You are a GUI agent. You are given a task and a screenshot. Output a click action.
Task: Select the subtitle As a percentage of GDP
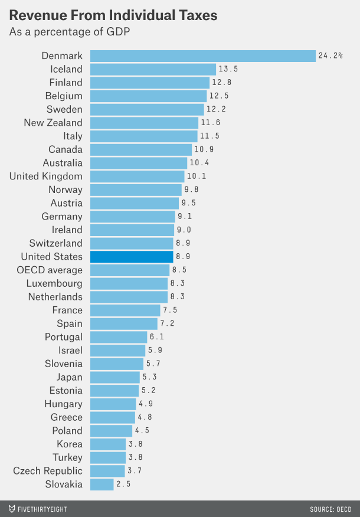coord(69,32)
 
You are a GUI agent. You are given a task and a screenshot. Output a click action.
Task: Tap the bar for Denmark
coord(202,55)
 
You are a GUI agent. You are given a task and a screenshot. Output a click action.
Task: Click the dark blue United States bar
coord(131,257)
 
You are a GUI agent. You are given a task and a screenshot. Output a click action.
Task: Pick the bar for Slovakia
coord(102,485)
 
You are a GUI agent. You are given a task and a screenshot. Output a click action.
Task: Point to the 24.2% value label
coord(330,55)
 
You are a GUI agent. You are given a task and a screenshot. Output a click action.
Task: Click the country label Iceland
coord(66,69)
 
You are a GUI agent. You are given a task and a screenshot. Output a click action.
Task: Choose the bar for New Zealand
coord(144,123)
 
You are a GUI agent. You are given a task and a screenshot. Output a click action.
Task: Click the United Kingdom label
coord(46,176)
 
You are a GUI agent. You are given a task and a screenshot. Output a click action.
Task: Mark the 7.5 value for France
coord(171,310)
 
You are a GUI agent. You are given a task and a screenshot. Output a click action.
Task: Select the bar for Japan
coord(114,377)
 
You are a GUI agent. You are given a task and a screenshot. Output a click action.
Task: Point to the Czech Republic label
coord(48,471)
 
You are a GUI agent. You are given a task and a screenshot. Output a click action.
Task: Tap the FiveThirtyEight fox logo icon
coord(12,508)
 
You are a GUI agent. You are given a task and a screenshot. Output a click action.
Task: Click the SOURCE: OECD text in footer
coord(330,509)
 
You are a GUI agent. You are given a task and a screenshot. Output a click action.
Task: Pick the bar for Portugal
coord(118,337)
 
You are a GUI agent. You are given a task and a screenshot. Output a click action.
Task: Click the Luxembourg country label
coord(54,283)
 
